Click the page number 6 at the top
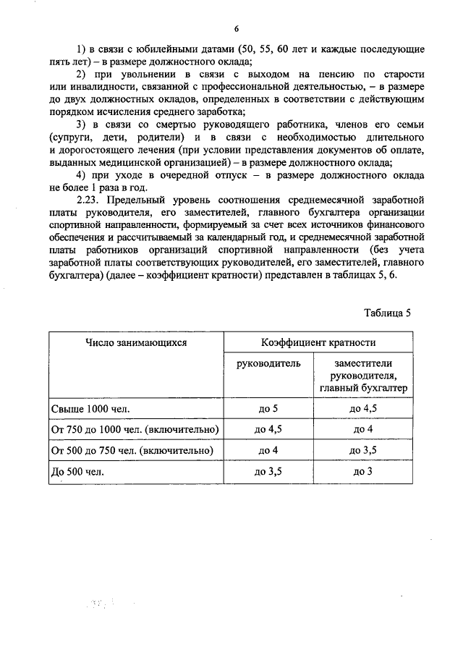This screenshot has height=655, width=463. click(x=237, y=28)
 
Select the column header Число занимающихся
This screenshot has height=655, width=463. click(x=135, y=342)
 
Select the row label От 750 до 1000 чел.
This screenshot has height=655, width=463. click(x=135, y=430)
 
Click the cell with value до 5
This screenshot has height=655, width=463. click(x=268, y=410)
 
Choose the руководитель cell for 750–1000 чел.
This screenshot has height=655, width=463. click(x=268, y=430)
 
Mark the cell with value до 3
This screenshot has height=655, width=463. click(x=362, y=471)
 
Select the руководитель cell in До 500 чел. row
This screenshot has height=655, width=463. click(x=268, y=471)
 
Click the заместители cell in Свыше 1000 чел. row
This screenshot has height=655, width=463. click(x=362, y=410)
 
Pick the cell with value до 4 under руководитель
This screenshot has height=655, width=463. click(x=268, y=450)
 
